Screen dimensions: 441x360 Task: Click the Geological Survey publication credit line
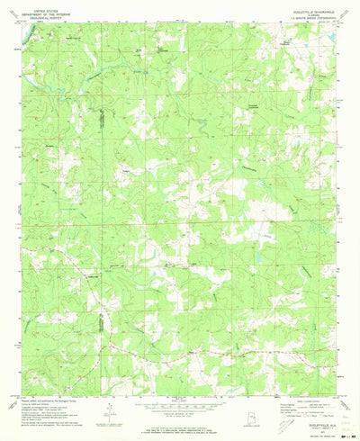(x=54, y=390)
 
